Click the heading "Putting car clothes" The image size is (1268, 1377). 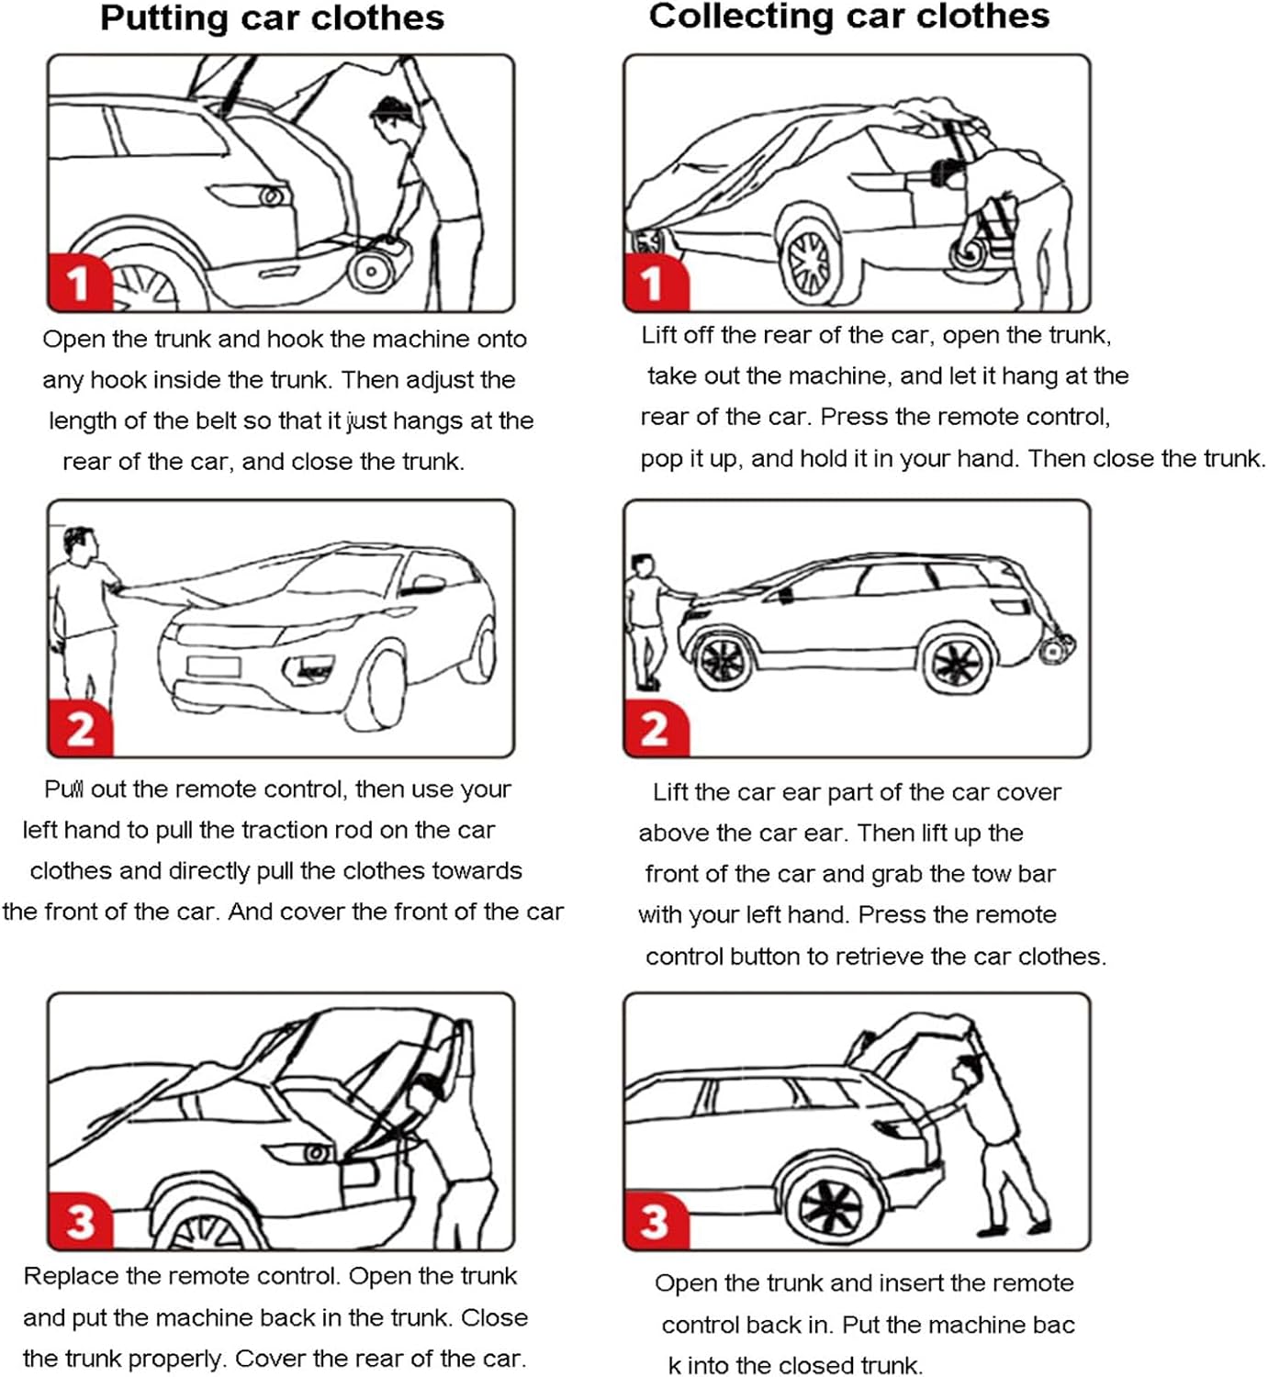(272, 18)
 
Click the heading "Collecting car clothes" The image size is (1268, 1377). (848, 17)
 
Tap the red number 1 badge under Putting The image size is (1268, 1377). (79, 283)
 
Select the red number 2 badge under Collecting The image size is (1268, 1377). (655, 730)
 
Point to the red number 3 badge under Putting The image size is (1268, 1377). (80, 1222)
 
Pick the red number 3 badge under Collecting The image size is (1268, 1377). (655, 1222)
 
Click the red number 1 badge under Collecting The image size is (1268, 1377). (654, 283)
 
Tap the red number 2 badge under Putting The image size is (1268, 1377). (80, 730)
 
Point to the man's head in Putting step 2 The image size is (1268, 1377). (79, 542)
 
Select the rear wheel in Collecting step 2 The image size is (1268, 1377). (958, 663)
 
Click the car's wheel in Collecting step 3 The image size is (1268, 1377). (830, 1203)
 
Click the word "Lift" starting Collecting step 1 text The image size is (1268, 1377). (658, 335)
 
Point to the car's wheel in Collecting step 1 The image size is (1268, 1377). (809, 262)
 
